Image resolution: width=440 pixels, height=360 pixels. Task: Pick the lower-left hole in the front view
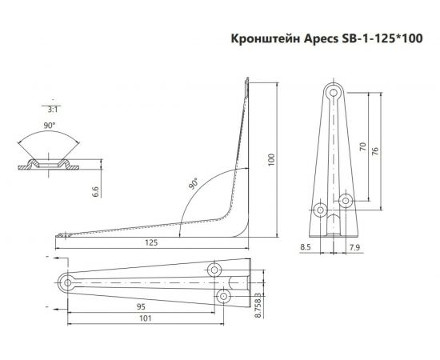(321, 211)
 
